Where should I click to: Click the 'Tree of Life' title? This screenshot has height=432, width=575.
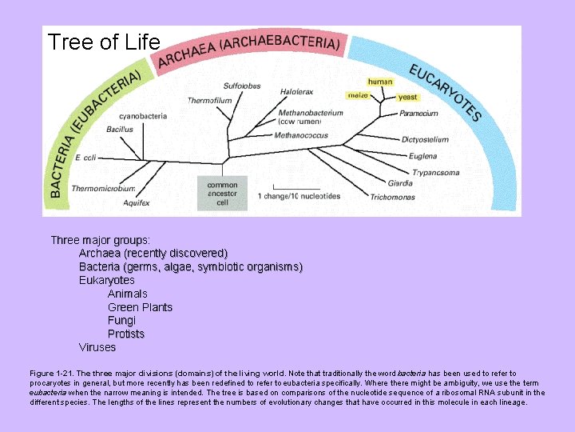pos(104,42)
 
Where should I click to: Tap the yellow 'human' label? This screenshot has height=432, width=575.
pos(380,82)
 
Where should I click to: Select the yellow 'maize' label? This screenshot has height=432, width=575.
pos(358,95)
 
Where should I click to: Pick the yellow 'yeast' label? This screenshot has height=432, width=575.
pos(407,97)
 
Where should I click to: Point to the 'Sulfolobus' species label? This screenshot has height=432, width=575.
pos(241,86)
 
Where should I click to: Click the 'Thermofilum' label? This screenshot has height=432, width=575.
pos(210,101)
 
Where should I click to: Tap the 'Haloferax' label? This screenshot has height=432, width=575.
pos(296,92)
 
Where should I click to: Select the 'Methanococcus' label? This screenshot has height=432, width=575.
pos(301,136)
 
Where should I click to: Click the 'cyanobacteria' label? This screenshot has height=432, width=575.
pos(143,116)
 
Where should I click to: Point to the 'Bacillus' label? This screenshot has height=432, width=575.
pos(119,129)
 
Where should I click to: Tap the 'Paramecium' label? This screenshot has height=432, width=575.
pos(419,114)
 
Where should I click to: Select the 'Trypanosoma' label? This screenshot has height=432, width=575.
pos(436,173)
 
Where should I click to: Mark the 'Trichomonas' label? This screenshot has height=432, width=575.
pos(392,197)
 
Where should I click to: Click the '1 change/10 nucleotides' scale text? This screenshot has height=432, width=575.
pos(299,196)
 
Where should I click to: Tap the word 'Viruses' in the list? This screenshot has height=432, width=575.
pos(97,347)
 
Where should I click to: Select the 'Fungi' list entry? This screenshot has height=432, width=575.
pos(121,320)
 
